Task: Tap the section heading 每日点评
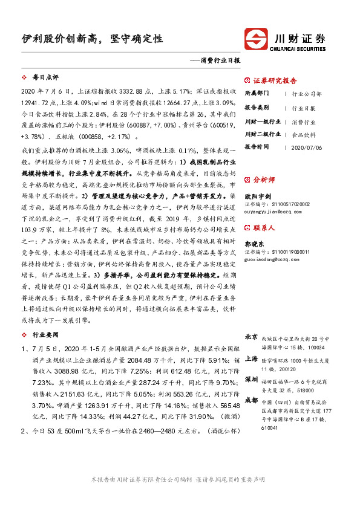click(45, 77)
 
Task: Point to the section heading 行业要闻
click(45, 334)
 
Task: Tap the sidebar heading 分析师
click(264, 180)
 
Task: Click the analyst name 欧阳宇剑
click(258, 195)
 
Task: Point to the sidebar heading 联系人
click(264, 228)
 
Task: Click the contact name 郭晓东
click(255, 242)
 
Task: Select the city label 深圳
click(251, 378)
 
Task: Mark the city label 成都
click(251, 400)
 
